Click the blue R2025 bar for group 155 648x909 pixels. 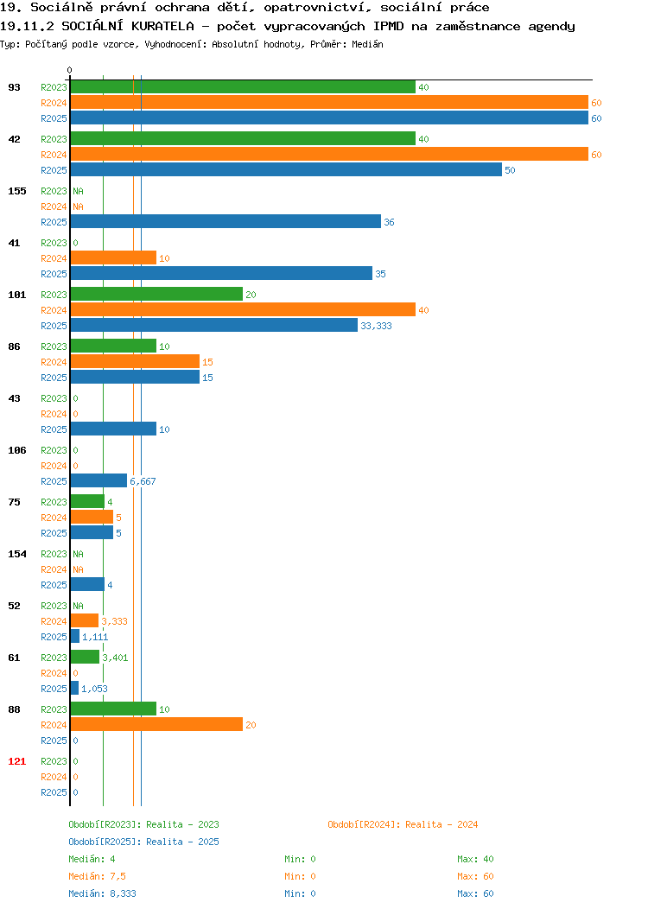(226, 221)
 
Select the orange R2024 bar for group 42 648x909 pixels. (329, 154)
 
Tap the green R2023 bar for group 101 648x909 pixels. (156, 294)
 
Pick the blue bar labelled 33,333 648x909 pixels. (214, 325)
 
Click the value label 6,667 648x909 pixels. (143, 481)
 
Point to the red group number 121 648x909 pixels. (16, 761)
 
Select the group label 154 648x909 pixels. (16, 554)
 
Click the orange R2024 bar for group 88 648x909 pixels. (156, 724)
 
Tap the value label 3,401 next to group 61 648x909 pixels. (115, 658)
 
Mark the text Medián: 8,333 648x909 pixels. (102, 893)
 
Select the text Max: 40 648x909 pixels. (475, 859)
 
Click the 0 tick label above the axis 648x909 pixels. (70, 70)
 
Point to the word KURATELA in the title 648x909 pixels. (162, 26)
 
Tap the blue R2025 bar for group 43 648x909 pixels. (113, 429)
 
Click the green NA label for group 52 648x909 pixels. (79, 606)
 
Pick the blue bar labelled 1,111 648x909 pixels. (75, 636)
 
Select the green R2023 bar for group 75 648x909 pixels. (87, 501)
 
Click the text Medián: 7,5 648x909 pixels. (97, 876)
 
